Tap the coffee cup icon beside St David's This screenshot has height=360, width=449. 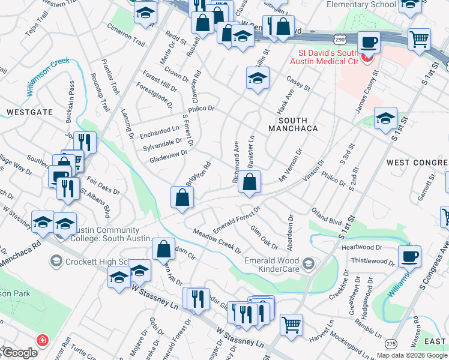368,43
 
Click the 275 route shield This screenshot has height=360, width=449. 391,343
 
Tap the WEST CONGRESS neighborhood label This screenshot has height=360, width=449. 417,163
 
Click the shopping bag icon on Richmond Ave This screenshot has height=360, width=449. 249,181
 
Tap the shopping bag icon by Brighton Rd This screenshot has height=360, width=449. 182,197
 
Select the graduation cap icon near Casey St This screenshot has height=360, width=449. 257,78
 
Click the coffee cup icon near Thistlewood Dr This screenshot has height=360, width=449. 409,256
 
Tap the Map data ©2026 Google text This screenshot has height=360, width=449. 411,355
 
